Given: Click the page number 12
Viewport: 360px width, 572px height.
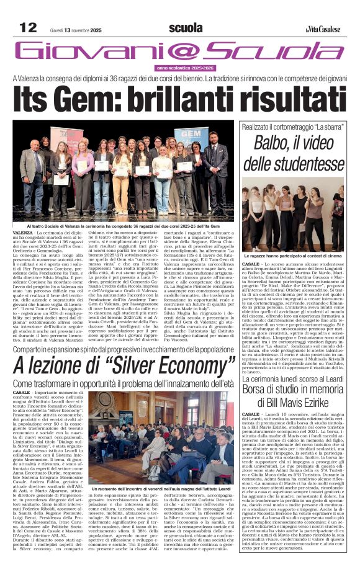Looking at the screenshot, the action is pos(29,27).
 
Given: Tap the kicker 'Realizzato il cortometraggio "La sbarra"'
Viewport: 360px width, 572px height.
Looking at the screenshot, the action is pos(292,126).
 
